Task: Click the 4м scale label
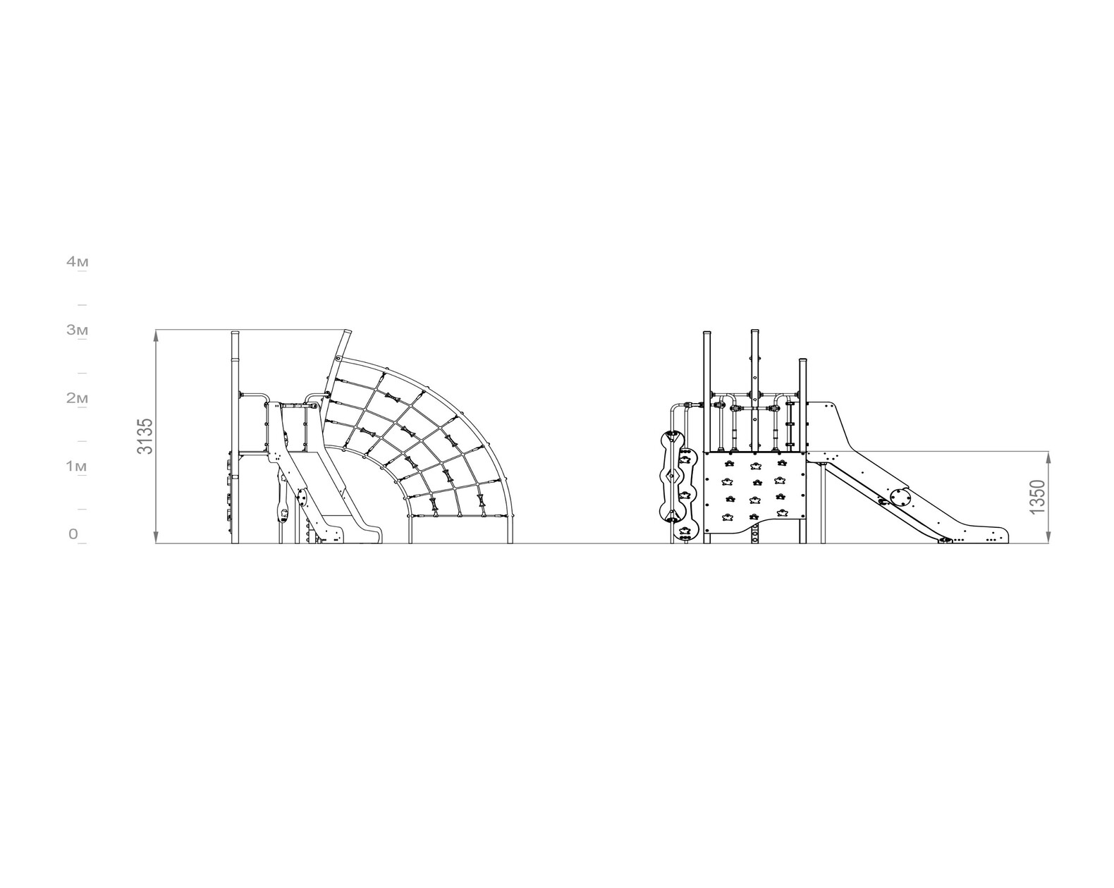77,262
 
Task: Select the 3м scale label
77,330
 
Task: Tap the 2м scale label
77,398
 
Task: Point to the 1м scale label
77,467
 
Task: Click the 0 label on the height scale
73,534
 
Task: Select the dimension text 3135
145,436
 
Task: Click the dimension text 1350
1037,498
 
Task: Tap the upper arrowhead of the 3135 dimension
157,336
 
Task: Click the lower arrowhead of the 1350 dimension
1048,537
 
